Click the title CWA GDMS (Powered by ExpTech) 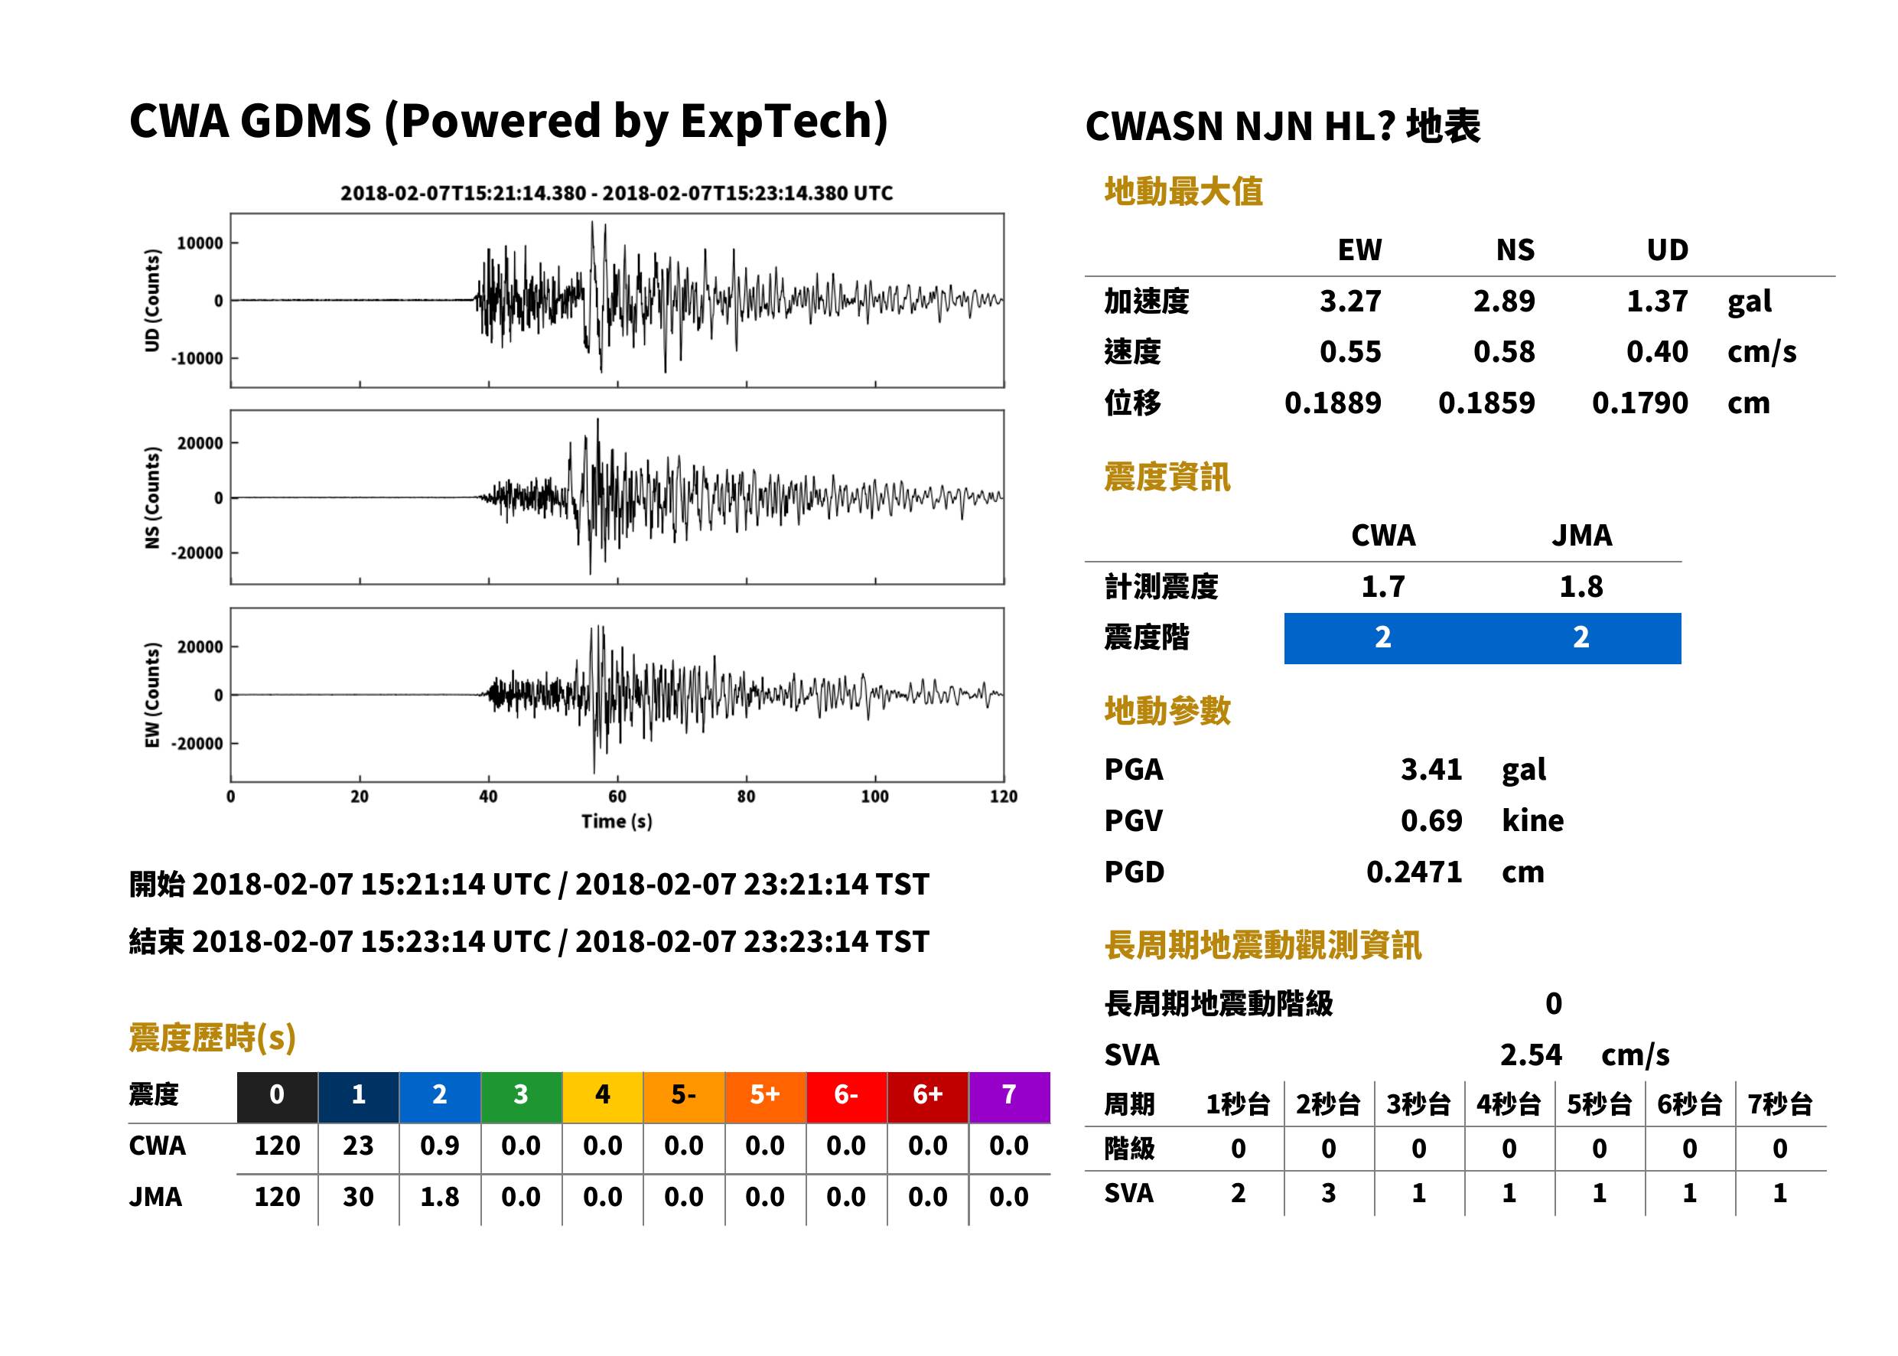click(508, 122)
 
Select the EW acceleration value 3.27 click(1349, 301)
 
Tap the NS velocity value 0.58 click(1503, 351)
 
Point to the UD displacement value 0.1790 click(1639, 403)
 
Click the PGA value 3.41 click(1431, 769)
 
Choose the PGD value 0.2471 click(1414, 872)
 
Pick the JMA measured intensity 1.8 click(1581, 586)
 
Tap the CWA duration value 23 click(358, 1146)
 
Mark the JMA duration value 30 click(358, 1197)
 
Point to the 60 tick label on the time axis click(617, 797)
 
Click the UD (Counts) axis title click(152, 300)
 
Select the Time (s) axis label click(617, 822)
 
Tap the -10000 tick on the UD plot click(198, 358)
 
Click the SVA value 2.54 click(1531, 1054)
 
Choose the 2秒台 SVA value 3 click(1328, 1193)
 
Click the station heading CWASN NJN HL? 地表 click(1283, 127)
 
